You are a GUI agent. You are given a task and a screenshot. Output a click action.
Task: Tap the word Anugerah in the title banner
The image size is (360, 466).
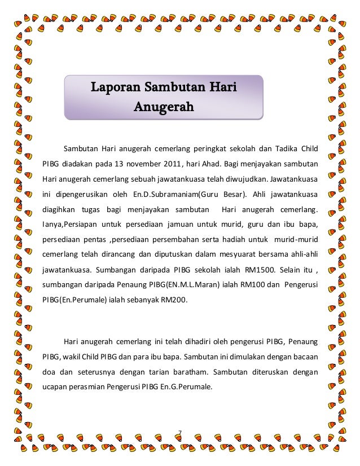coord(164,107)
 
